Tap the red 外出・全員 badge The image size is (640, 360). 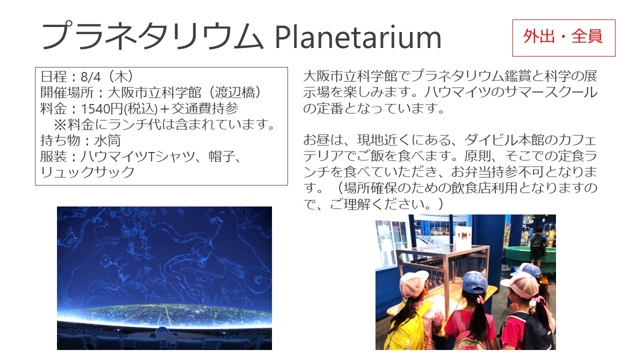(563, 37)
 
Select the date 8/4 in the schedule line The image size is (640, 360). (91, 76)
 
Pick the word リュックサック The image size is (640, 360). (87, 172)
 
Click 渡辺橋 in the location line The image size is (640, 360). (234, 92)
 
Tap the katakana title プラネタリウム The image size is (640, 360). (152, 36)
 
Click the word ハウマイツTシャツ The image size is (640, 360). (117, 156)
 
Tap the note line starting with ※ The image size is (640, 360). (164, 124)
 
